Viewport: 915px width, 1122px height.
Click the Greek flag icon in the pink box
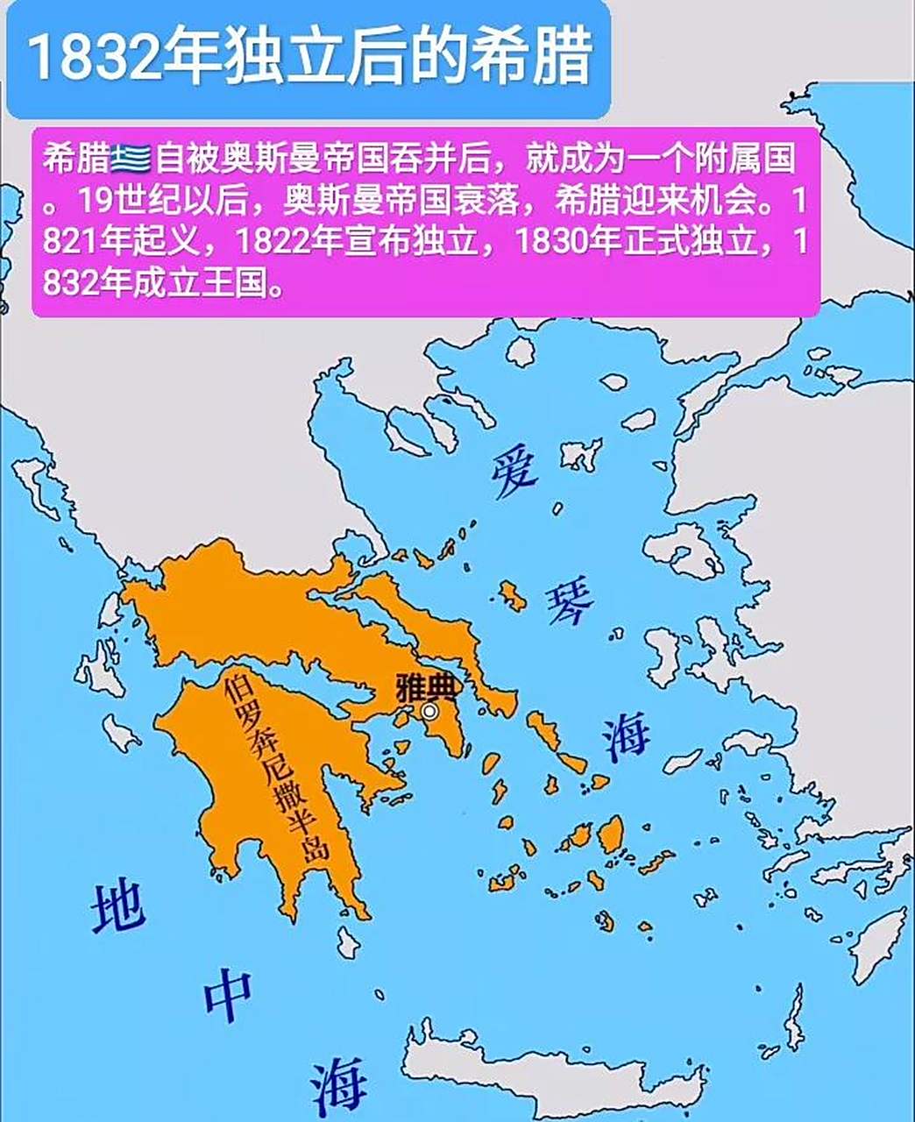point(131,159)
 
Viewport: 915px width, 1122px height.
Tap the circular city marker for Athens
point(429,711)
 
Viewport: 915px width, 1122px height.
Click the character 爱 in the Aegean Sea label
point(514,472)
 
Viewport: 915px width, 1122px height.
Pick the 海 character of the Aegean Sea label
point(626,736)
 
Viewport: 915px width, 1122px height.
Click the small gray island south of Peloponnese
point(349,943)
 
